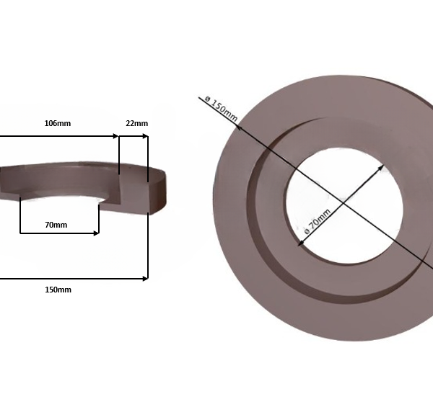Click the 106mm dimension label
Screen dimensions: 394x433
[58, 123]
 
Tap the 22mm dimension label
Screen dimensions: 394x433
[136, 123]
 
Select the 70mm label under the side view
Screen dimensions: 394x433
[56, 225]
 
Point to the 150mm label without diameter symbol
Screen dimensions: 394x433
[58, 290]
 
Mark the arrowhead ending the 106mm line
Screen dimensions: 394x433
[115, 135]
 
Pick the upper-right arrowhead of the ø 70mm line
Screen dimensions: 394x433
[381, 167]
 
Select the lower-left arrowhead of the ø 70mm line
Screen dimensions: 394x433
[300, 243]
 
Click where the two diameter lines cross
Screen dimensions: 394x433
[342, 205]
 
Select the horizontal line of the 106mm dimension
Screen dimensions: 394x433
[58, 135]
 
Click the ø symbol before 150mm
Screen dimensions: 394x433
[206, 99]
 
